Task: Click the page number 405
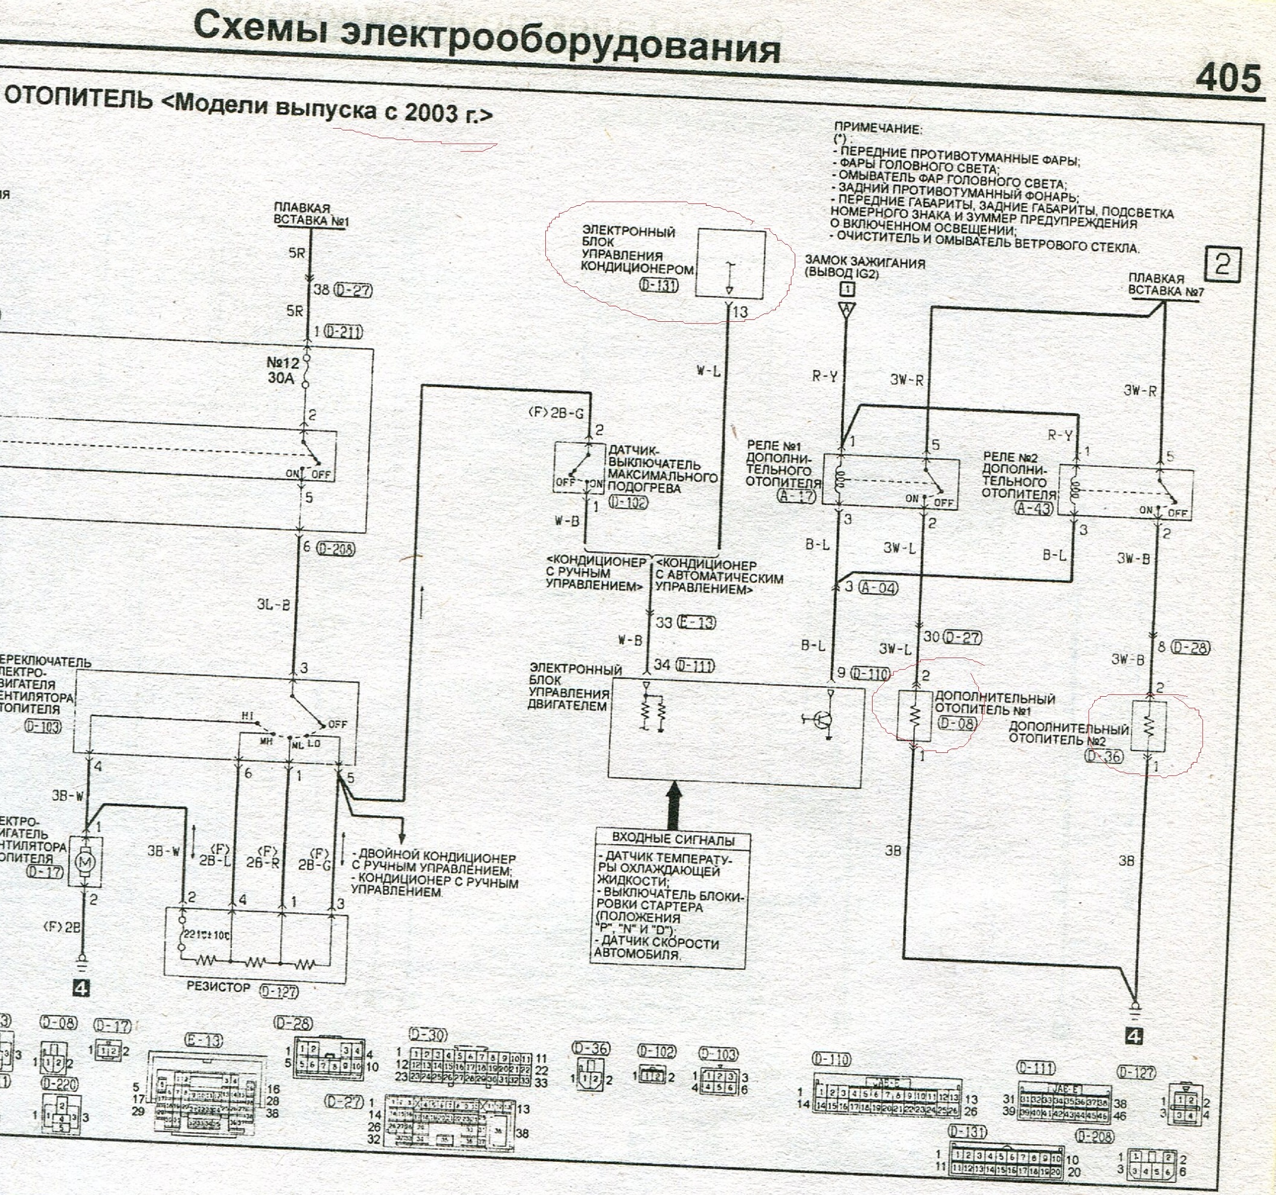(x=1226, y=79)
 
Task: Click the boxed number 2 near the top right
(x=1222, y=264)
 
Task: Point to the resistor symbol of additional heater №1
(x=915, y=715)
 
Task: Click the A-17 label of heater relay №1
(x=797, y=496)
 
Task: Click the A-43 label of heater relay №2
(x=1034, y=508)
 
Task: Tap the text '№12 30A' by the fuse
(x=283, y=370)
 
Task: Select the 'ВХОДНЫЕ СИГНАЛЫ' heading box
(x=672, y=839)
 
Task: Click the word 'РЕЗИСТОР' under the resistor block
(x=218, y=987)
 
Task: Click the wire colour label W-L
(x=708, y=370)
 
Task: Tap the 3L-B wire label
(x=273, y=604)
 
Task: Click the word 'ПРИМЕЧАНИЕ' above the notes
(x=877, y=129)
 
